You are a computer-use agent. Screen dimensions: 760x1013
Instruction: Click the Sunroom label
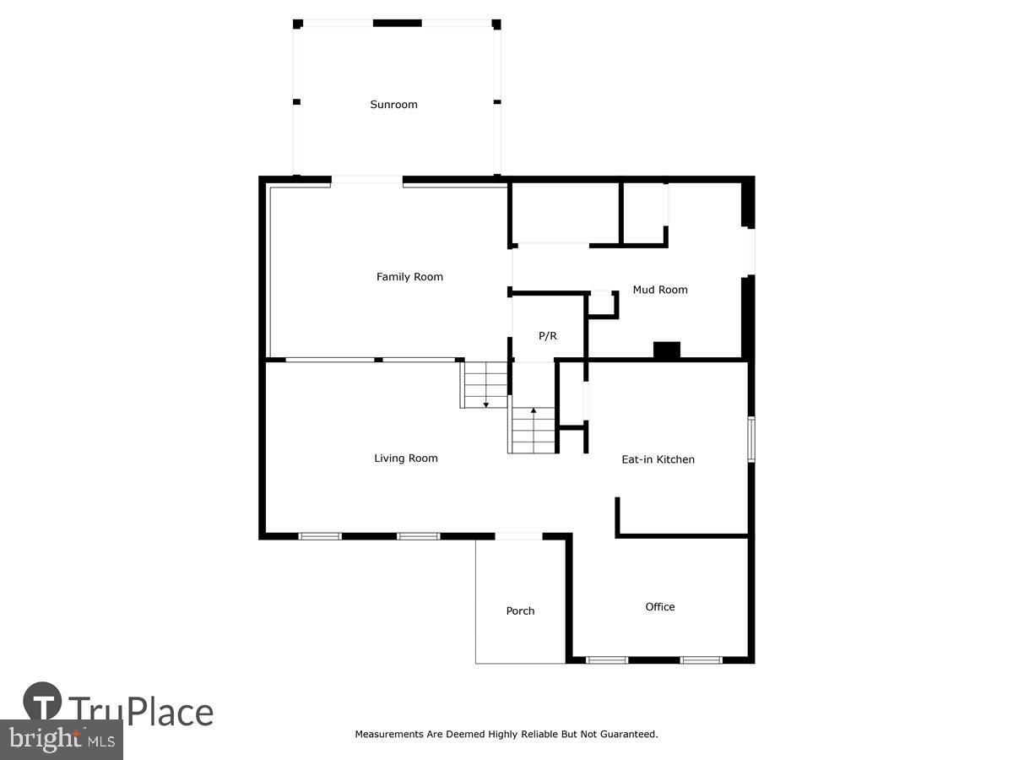point(393,105)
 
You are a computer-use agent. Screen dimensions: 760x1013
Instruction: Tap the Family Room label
point(409,277)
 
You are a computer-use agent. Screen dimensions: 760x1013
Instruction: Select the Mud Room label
point(660,290)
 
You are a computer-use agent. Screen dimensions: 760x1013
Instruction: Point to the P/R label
point(548,336)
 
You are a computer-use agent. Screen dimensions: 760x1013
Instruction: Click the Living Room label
point(406,459)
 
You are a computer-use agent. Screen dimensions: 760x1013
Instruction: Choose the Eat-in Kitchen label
point(658,459)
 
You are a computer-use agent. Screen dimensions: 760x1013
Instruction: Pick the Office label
point(660,606)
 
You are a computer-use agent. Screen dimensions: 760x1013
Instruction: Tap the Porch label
point(520,611)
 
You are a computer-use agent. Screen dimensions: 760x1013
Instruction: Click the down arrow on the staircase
point(486,404)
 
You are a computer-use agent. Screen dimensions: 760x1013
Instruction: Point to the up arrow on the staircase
point(534,411)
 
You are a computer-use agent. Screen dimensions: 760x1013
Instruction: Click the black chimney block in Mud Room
point(667,350)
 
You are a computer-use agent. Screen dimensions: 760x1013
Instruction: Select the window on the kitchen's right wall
point(751,439)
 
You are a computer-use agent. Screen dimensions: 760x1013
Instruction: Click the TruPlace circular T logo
point(42,702)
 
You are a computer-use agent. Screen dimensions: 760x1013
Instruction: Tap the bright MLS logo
point(61,740)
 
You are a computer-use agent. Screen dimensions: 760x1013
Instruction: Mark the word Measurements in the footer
point(388,735)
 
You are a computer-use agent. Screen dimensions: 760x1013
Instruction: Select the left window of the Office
point(607,660)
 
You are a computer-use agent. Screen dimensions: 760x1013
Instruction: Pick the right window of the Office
point(702,660)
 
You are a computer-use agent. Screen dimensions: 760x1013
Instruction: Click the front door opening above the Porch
point(518,536)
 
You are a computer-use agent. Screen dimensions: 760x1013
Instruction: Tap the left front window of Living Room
point(321,536)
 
